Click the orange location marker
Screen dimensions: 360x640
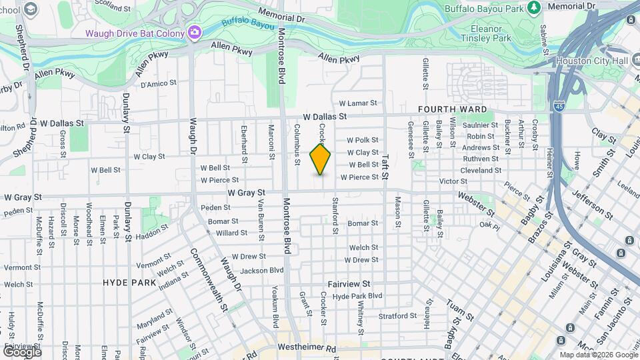point(321,159)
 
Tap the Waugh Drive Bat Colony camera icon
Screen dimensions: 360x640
point(194,32)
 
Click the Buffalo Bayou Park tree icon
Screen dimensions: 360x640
point(533,7)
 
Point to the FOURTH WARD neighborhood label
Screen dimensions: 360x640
point(452,109)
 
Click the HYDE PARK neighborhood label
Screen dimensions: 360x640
point(129,283)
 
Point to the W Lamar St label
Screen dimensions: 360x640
point(358,103)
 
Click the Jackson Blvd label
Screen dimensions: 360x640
point(262,271)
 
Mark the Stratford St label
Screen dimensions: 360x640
point(397,315)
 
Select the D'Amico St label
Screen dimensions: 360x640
point(158,84)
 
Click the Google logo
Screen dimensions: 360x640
point(22,351)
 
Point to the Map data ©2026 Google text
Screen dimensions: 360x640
point(597,355)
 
